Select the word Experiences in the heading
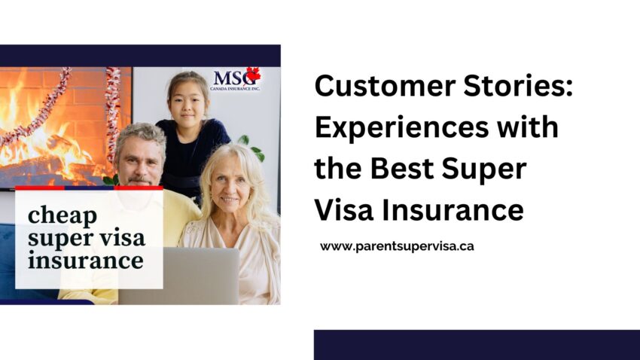click(401, 129)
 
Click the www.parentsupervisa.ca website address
click(397, 246)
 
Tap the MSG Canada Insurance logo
click(236, 79)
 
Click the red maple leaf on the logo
click(253, 75)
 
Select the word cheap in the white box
click(62, 215)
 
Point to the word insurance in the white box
click(86, 261)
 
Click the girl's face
click(188, 103)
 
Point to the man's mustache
click(139, 179)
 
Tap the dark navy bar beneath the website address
click(477, 345)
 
